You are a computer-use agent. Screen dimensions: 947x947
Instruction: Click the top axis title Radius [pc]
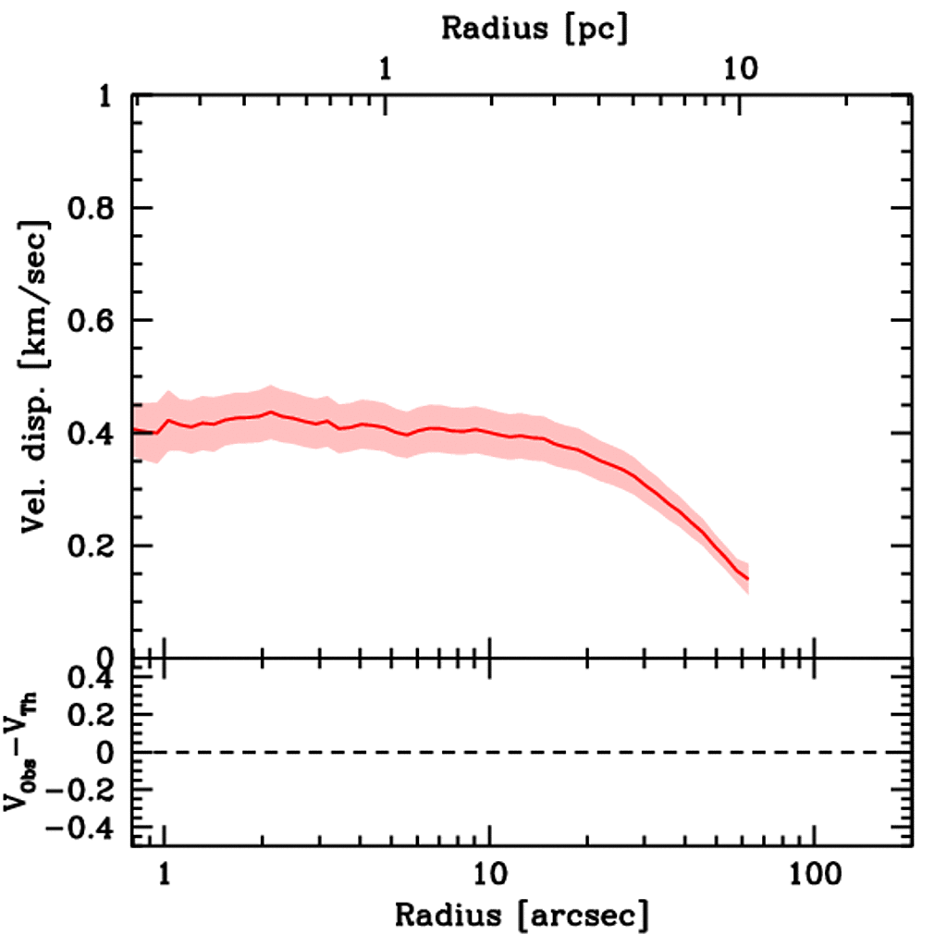coord(535,28)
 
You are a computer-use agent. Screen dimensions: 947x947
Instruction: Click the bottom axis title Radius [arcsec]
coord(522,916)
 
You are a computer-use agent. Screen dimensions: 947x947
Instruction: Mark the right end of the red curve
coord(747,580)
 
